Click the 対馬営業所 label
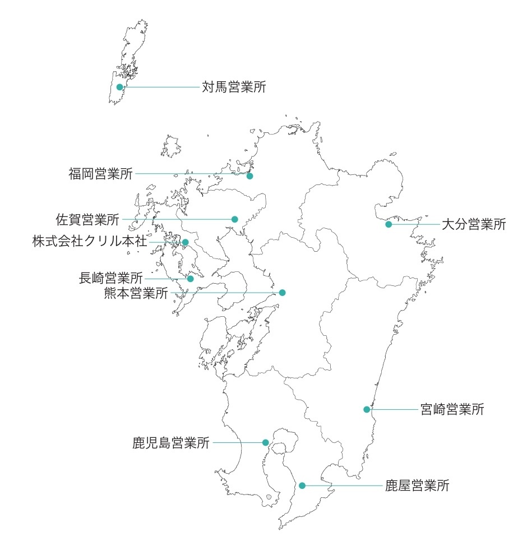pos(234,87)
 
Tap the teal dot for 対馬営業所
pos(119,87)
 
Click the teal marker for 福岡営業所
pos(250,176)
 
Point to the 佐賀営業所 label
pos(87,219)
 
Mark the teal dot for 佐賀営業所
pos(235,219)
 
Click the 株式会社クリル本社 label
pos(90,242)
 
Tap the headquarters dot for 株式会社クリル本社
pos(186,242)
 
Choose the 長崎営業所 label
pos(111,278)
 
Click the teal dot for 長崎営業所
pos(191,279)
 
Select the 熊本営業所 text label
pos(136,293)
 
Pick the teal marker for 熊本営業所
pos(283,293)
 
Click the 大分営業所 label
pos(474,225)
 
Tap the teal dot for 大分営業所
pos(389,224)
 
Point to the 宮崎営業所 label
pos(452,409)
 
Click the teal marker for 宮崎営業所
pos(367,409)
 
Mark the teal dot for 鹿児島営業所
pos(266,442)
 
